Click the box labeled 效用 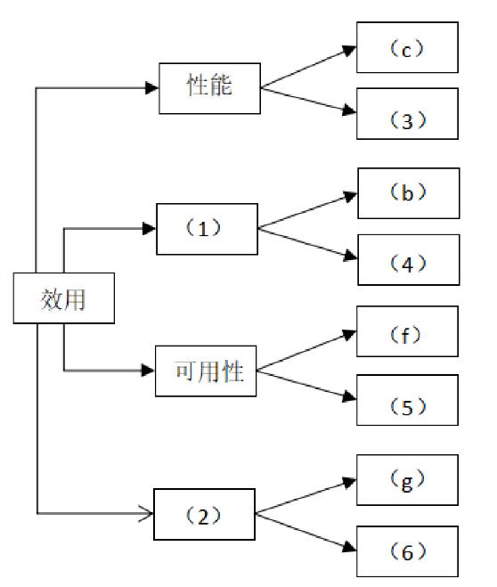coord(64,298)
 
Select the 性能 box coord(209,88)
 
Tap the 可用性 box coord(206,371)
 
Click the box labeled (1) coord(207,229)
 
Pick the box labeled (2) coord(204,514)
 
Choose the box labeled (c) coord(407,47)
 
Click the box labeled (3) coord(407,113)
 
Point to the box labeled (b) coord(409,193)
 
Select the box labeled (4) coord(409,260)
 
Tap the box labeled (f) coord(407,331)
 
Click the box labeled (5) coord(407,400)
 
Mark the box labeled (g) coord(407,480)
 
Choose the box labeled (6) coord(407,551)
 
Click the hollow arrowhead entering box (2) coord(146,513)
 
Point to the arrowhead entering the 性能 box coord(152,88)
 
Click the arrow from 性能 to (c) coord(308,67)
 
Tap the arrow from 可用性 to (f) coord(306,350)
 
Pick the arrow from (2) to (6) coord(306,532)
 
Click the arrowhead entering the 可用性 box coord(148,371)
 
